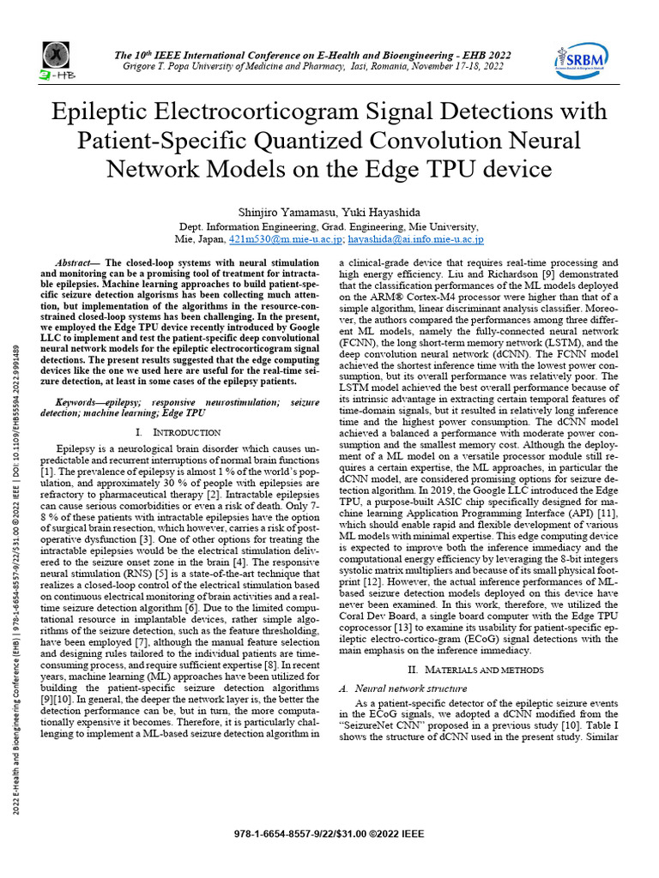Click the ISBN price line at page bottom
(x=329, y=833)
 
